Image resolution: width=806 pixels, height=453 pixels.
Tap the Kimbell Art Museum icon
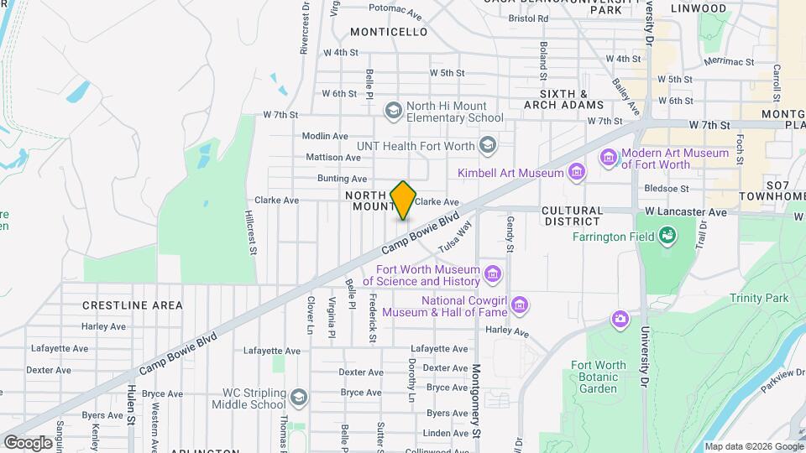tap(576, 173)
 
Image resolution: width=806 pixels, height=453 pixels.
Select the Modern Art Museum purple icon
tap(609, 158)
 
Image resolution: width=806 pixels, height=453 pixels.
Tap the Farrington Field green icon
tap(667, 237)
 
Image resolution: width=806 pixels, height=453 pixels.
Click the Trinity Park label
tap(759, 298)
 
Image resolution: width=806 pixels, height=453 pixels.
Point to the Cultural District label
tap(572, 216)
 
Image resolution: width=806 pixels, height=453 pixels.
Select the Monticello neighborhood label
tap(389, 32)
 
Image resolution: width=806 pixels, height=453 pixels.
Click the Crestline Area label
tap(133, 305)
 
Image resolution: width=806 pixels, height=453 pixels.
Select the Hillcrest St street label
tap(250, 232)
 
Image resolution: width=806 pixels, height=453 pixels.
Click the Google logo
tap(28, 442)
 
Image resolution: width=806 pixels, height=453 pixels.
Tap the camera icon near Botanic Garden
tap(620, 319)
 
